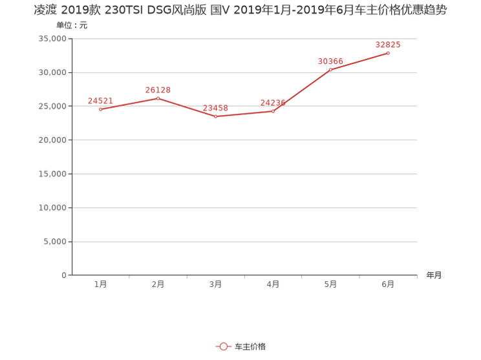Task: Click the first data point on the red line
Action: pos(100,110)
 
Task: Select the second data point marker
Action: pos(158,98)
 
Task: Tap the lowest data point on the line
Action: pos(215,117)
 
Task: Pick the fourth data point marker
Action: pos(273,111)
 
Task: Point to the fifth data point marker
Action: pos(330,70)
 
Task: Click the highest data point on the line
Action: pos(388,53)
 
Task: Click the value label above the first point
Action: pos(100,100)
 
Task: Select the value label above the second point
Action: pos(158,89)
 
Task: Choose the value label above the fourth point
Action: pos(273,101)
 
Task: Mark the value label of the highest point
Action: pos(388,44)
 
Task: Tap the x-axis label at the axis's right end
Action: pos(434,275)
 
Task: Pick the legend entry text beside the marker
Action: pos(250,347)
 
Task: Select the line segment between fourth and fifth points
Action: pos(302,90)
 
